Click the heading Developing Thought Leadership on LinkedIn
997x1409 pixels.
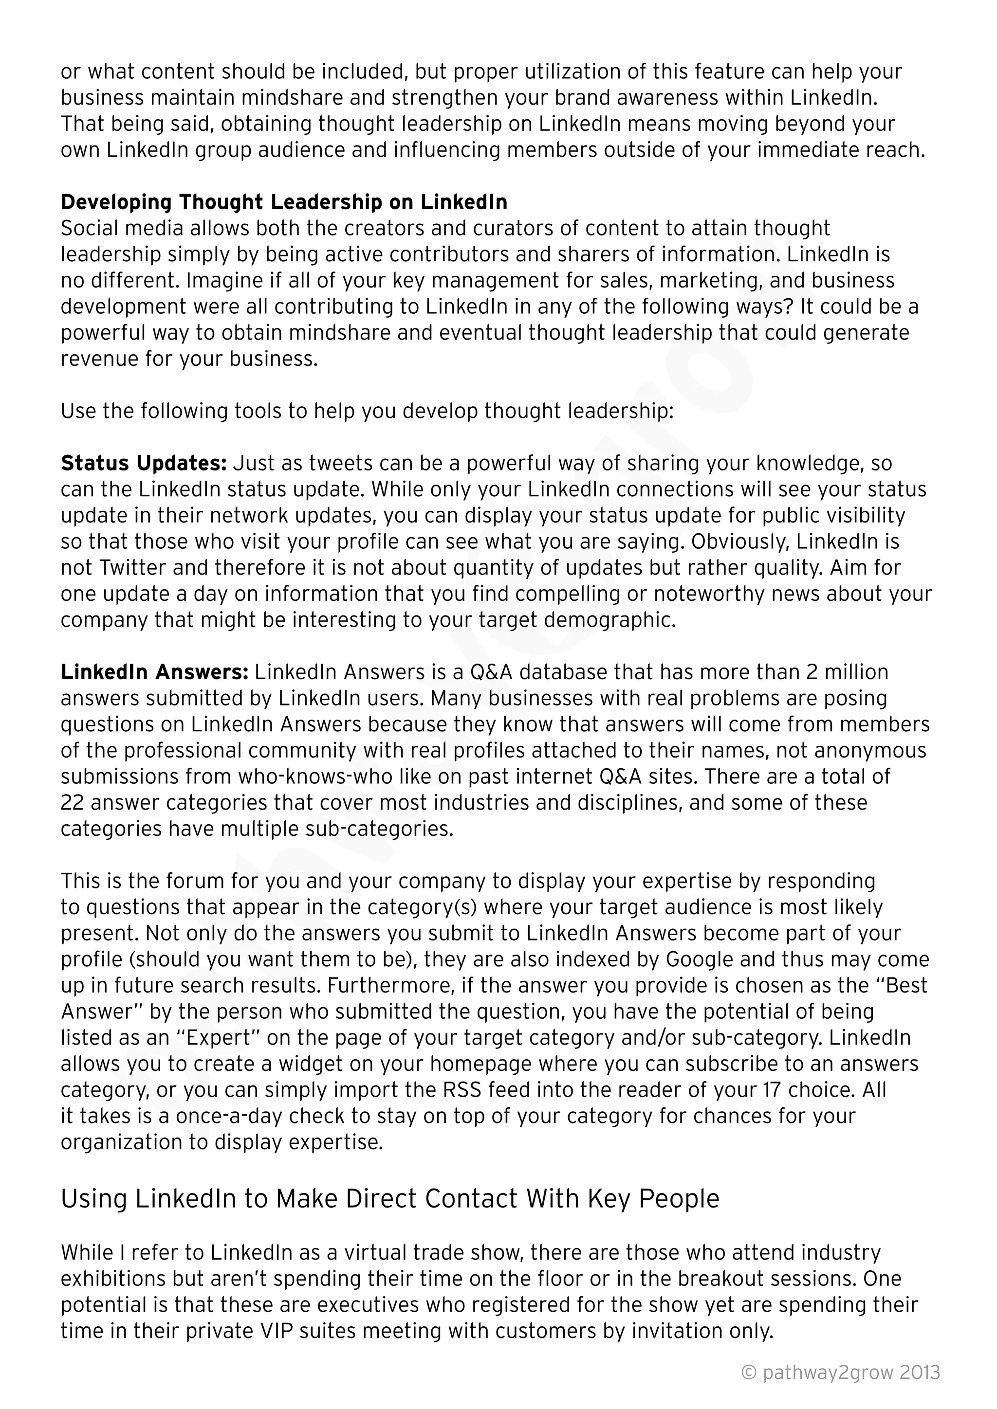284,202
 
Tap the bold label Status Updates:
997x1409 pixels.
144,463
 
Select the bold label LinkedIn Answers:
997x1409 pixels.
154,672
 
